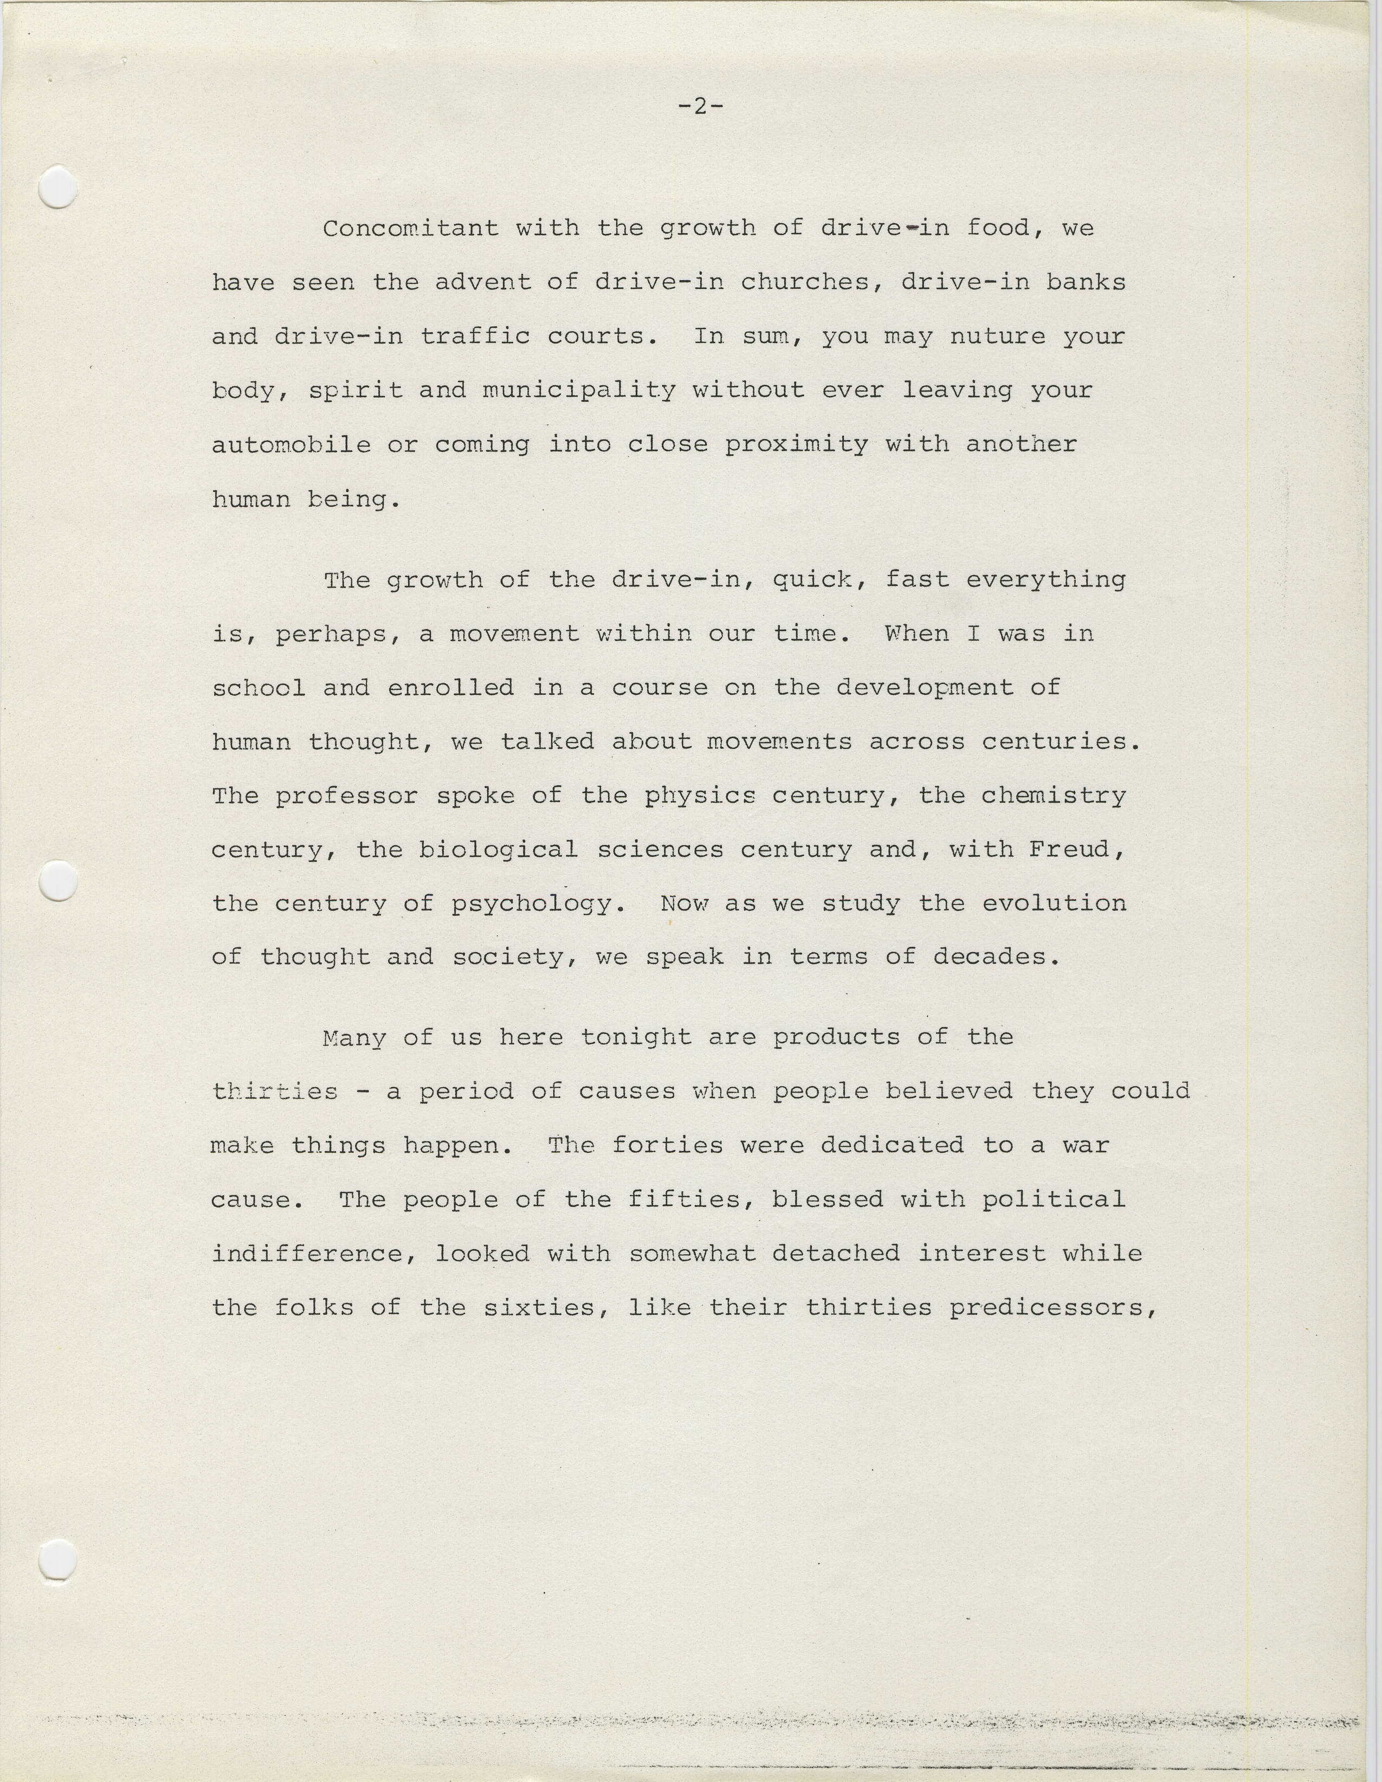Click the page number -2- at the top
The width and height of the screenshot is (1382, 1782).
click(701, 106)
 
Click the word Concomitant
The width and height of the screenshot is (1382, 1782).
click(410, 229)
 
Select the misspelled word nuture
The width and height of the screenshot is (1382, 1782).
click(997, 336)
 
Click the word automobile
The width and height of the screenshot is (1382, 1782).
click(290, 444)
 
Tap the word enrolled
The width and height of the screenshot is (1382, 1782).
click(450, 688)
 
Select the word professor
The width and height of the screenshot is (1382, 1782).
click(346, 796)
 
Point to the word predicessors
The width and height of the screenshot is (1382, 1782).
click(1052, 1308)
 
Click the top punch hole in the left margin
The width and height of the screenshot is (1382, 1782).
click(58, 187)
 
